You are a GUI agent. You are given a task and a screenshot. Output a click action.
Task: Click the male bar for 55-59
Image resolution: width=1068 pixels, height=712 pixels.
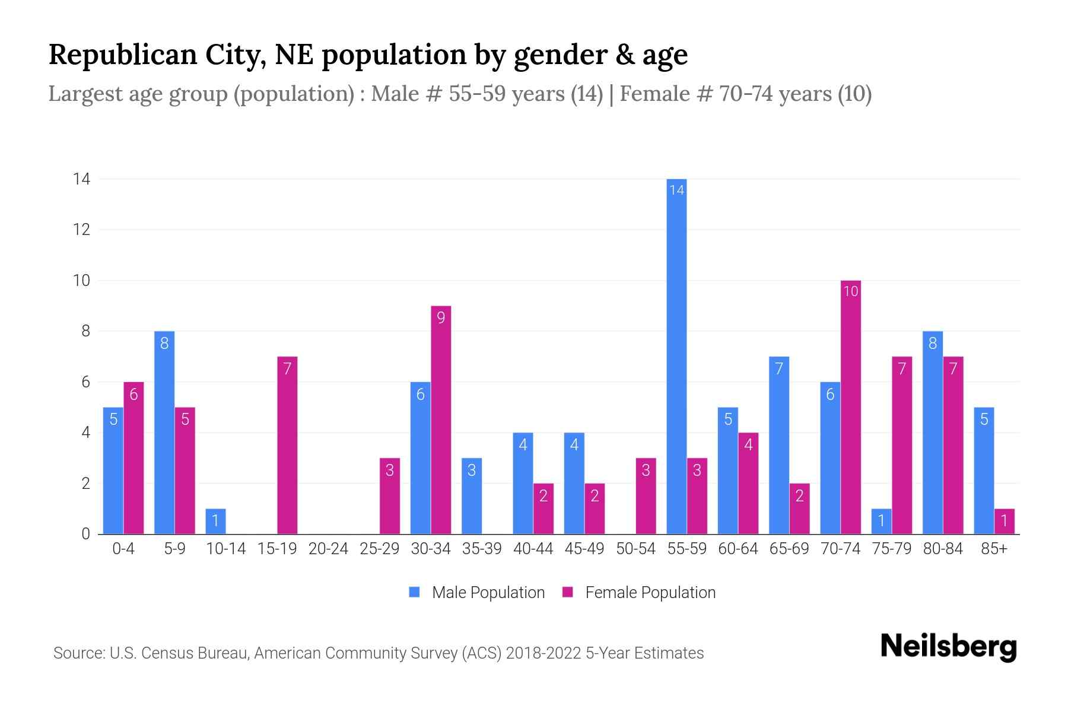(676, 356)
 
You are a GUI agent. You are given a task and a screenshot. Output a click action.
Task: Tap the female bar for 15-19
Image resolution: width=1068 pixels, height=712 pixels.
(287, 445)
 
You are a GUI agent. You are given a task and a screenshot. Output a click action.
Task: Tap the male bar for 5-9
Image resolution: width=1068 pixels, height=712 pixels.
(164, 433)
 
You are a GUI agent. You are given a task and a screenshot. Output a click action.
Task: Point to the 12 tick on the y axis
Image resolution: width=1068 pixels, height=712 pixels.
(81, 230)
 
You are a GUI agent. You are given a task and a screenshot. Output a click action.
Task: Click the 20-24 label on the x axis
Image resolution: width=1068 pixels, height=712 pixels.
(328, 549)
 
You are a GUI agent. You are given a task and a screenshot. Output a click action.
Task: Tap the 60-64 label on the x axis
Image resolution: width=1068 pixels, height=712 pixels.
(738, 549)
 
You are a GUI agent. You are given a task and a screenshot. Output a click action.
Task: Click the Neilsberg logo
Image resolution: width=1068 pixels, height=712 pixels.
(948, 647)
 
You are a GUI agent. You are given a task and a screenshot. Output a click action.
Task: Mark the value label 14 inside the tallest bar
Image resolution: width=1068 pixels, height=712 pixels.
(676, 190)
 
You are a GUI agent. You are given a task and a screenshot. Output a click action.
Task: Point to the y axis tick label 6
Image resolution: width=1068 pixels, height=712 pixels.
(85, 382)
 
